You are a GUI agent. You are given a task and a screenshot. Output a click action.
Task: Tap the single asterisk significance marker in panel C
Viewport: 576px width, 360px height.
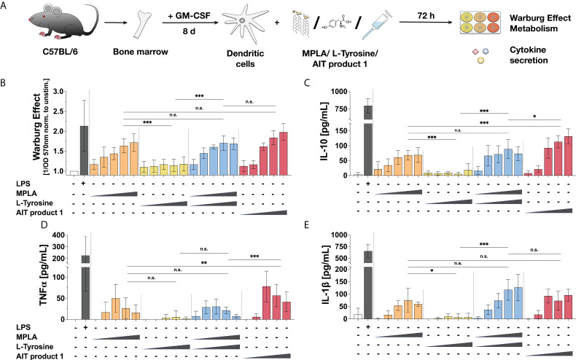pyautogui.click(x=534, y=115)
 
